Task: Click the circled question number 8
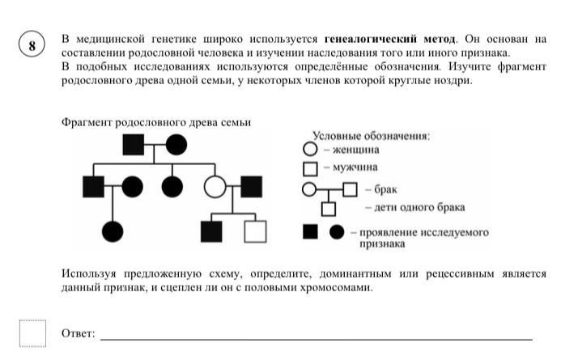[x=32, y=44]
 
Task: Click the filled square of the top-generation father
[x=134, y=145]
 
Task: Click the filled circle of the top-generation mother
[x=176, y=145]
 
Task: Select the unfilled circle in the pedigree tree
[x=215, y=186]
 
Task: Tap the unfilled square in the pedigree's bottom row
[x=256, y=231]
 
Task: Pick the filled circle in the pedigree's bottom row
[x=113, y=231]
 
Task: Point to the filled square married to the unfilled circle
[x=252, y=186]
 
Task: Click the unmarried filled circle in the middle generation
[x=172, y=186]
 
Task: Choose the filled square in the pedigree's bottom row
[x=211, y=231]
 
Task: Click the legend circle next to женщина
[x=310, y=149]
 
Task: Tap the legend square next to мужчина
[x=310, y=169]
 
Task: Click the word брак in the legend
[x=385, y=189]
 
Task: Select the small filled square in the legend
[x=310, y=232]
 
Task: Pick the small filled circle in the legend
[x=337, y=232]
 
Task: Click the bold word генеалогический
[x=371, y=39]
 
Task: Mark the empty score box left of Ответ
[x=33, y=333]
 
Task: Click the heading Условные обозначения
[x=372, y=136]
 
